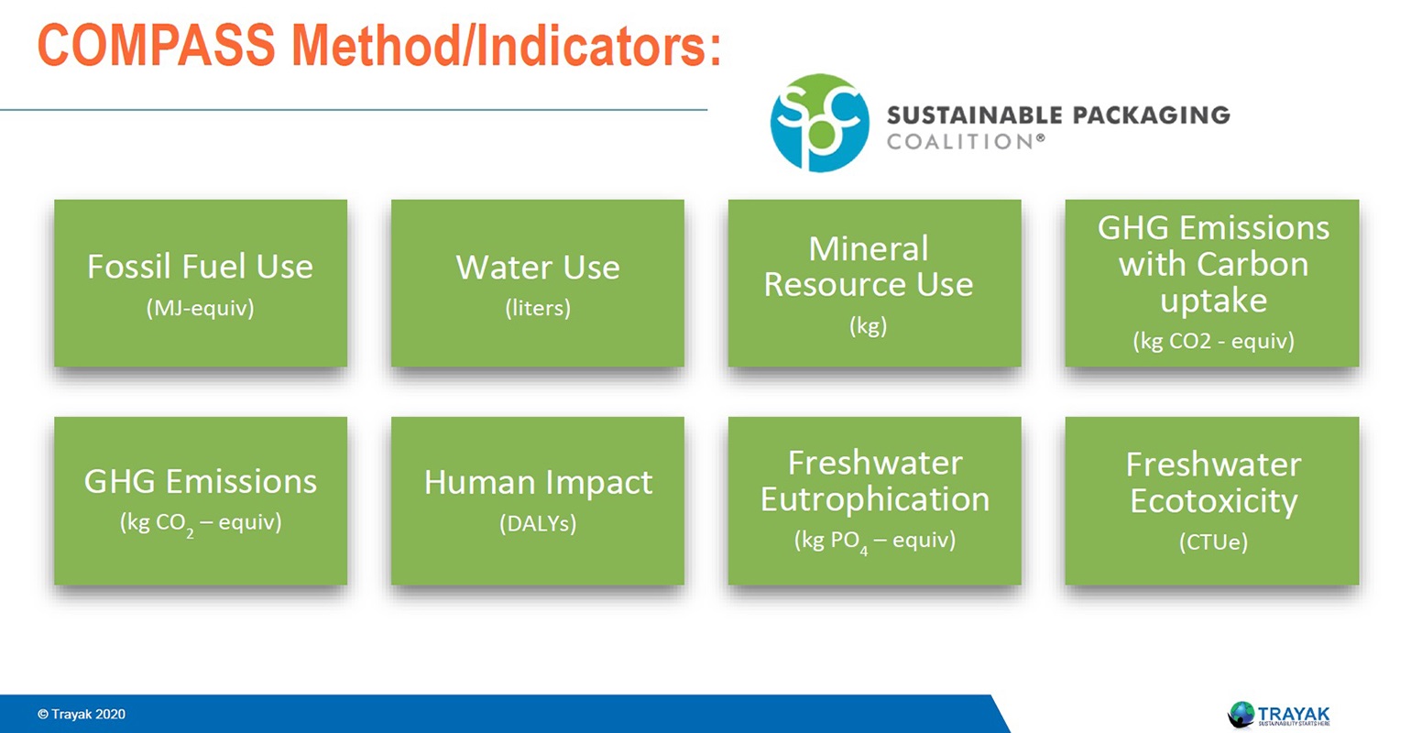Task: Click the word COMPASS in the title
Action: click(x=156, y=45)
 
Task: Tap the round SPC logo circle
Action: click(x=819, y=123)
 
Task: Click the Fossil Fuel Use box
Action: click(x=201, y=283)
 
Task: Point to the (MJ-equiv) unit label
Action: click(x=201, y=308)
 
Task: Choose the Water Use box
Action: click(x=537, y=283)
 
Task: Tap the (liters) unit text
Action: click(x=537, y=308)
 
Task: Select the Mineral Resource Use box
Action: click(x=874, y=283)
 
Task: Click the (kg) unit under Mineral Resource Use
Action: click(x=868, y=325)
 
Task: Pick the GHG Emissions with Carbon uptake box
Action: click(x=1212, y=283)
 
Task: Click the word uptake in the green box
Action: click(x=1213, y=301)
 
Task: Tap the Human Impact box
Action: click(x=537, y=500)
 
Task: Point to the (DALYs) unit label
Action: click(x=537, y=523)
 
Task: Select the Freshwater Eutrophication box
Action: click(x=874, y=500)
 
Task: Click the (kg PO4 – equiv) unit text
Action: click(x=874, y=541)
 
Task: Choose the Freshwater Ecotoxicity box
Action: click(x=1212, y=500)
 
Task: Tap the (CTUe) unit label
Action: click(x=1213, y=542)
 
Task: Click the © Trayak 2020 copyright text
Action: click(x=82, y=714)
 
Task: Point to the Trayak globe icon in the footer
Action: click(x=1241, y=714)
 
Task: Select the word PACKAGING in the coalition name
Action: click(x=1151, y=115)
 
